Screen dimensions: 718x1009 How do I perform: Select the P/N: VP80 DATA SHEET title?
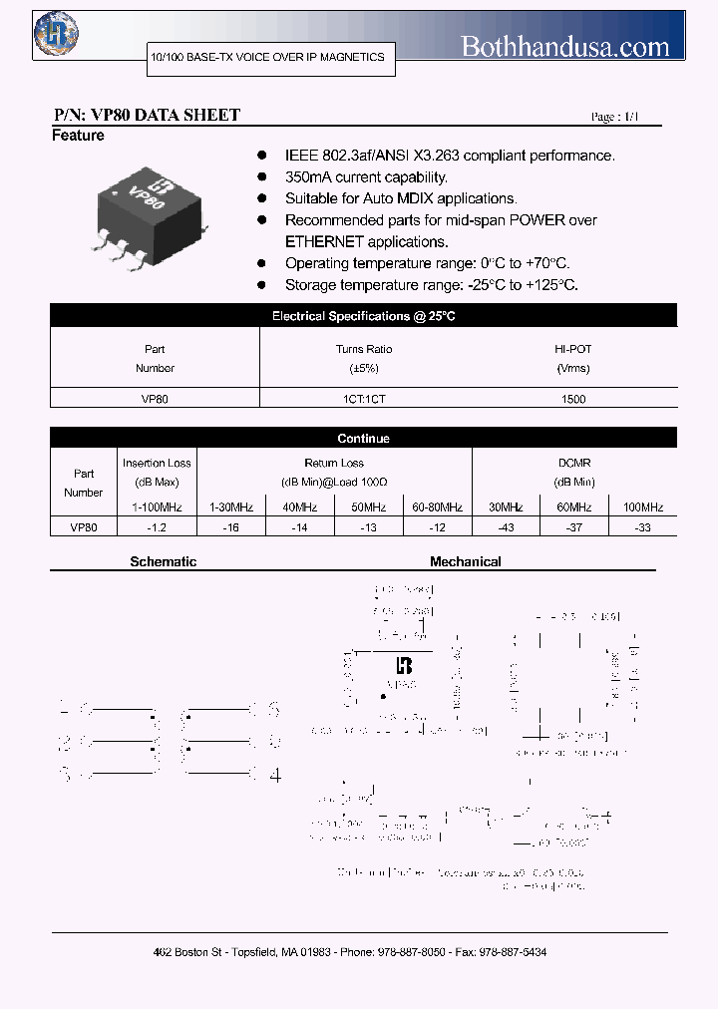point(146,116)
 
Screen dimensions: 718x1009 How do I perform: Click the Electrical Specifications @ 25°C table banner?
point(364,316)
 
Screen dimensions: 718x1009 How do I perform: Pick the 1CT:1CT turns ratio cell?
point(364,399)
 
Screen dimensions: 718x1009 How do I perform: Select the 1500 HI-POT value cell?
point(573,399)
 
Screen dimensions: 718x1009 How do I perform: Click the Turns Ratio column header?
point(364,358)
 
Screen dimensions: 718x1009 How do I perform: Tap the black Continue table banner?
point(364,439)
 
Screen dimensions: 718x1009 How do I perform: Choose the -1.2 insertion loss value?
point(156,527)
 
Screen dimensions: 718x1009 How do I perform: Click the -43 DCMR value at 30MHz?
point(506,527)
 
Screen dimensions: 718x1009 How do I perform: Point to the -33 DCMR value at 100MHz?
point(642,527)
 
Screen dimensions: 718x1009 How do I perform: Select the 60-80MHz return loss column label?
point(437,507)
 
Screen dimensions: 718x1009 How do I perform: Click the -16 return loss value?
point(230,527)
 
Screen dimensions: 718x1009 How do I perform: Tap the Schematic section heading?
point(164,562)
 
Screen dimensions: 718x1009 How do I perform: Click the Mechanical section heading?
point(466,562)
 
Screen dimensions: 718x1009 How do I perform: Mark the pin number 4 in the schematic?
point(276,774)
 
